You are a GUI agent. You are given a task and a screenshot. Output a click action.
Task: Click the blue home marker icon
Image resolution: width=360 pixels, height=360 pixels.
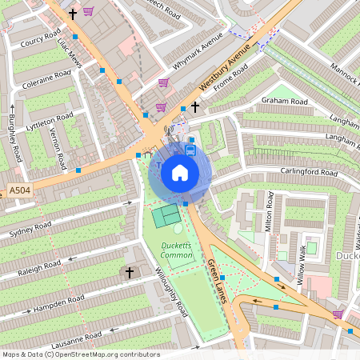(180, 172)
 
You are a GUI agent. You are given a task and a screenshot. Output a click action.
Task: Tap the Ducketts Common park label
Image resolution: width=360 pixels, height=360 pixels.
(177, 250)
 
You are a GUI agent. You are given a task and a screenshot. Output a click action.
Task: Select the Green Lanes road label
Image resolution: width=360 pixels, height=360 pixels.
(218, 276)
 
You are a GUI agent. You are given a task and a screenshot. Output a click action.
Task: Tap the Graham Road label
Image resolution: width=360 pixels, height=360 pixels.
(284, 102)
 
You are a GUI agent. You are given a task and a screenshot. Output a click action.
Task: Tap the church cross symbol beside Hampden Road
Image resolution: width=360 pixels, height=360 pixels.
(130, 273)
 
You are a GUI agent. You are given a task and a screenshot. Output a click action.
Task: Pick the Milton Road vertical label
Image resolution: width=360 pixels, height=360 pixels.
(270, 211)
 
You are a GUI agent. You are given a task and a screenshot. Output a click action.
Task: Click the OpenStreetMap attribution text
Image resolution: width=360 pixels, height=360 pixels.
(80, 354)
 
